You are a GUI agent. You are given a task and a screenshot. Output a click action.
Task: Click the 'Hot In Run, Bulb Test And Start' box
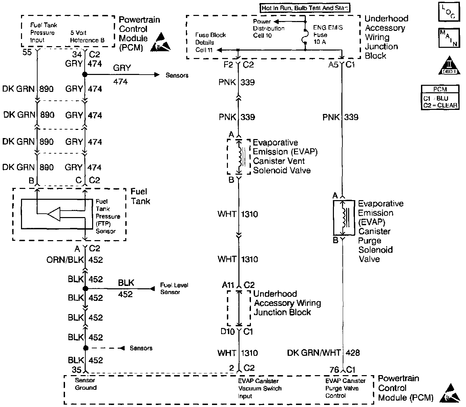tap(305, 8)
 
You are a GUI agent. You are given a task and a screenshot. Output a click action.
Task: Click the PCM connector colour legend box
tap(440, 97)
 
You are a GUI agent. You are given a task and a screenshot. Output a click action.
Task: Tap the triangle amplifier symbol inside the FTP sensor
tap(54, 214)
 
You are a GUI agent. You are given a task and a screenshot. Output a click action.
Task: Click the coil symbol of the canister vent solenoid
tap(241, 157)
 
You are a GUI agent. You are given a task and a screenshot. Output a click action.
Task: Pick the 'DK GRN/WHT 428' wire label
tap(323, 353)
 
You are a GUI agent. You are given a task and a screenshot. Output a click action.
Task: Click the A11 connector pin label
tap(229, 285)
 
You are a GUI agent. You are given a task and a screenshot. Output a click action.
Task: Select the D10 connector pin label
tap(228, 331)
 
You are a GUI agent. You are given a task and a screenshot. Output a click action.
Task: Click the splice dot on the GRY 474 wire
tap(85, 74)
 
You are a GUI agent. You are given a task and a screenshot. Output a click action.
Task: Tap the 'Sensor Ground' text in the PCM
tap(86, 384)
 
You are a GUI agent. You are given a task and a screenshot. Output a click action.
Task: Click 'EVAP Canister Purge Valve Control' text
tap(345, 388)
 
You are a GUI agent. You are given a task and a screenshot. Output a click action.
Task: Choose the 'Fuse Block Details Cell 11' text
tap(210, 42)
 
